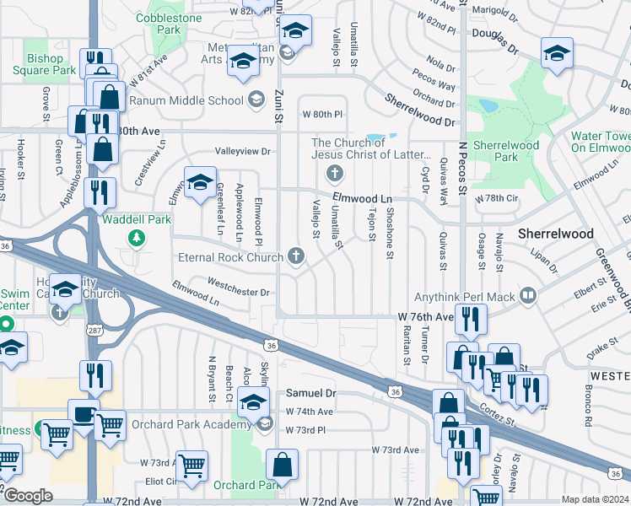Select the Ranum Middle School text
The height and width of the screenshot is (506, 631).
coord(202,101)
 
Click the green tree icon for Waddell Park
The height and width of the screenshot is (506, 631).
coord(135,239)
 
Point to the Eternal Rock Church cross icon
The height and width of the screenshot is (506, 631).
coord(296,256)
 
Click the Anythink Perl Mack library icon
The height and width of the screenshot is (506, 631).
coord(527,295)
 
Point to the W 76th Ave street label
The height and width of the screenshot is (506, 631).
coord(426,316)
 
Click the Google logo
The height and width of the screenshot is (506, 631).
coord(27,496)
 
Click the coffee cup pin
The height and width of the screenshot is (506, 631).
coord(84,413)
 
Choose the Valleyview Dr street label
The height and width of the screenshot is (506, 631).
coord(241,152)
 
